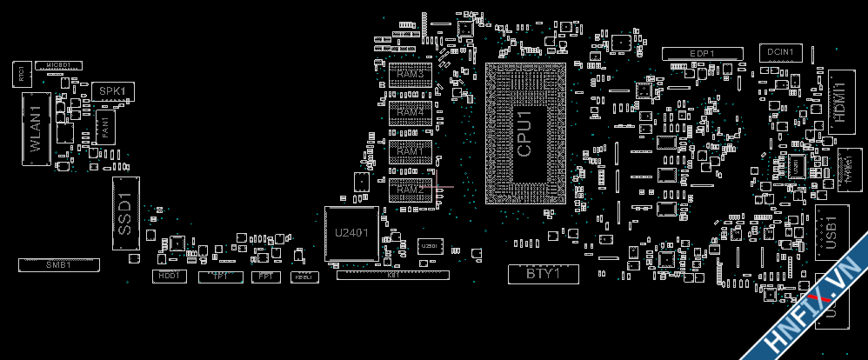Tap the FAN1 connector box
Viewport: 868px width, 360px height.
pyautogui.click(x=104, y=127)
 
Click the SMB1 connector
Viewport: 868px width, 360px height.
pyautogui.click(x=59, y=263)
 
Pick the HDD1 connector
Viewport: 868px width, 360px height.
pyautogui.click(x=168, y=276)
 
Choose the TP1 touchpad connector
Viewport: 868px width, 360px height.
pyautogui.click(x=221, y=276)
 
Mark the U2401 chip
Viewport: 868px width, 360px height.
pyautogui.click(x=351, y=233)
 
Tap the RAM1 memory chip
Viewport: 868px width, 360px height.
pyautogui.click(x=411, y=151)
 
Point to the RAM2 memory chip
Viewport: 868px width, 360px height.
pyautogui.click(x=411, y=190)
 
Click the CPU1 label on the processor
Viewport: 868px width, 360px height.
pyautogui.click(x=524, y=133)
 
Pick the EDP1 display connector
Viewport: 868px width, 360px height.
pyautogui.click(x=703, y=54)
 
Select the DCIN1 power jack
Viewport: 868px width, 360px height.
pyautogui.click(x=780, y=53)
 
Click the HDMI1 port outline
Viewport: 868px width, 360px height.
pyautogui.click(x=839, y=100)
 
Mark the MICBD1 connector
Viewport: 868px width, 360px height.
pyautogui.click(x=59, y=65)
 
